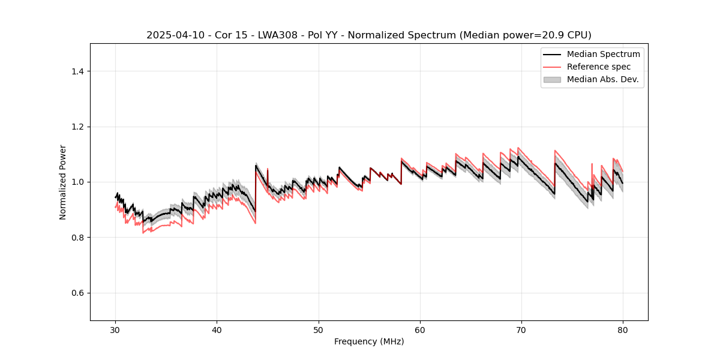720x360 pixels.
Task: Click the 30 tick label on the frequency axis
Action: [116, 329]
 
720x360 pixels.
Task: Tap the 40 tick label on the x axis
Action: [217, 329]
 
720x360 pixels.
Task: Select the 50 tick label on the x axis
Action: [319, 329]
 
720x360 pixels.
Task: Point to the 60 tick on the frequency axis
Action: [420, 329]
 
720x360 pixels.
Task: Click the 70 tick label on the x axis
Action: [521, 329]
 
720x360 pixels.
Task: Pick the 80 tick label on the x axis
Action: [623, 329]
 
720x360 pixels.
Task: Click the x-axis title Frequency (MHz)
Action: [369, 341]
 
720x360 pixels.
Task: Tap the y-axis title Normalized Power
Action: [63, 182]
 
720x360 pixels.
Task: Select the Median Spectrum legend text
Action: [603, 54]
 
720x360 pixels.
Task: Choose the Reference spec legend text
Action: [599, 67]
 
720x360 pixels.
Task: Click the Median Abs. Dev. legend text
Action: [602, 79]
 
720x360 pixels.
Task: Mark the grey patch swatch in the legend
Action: [552, 79]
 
